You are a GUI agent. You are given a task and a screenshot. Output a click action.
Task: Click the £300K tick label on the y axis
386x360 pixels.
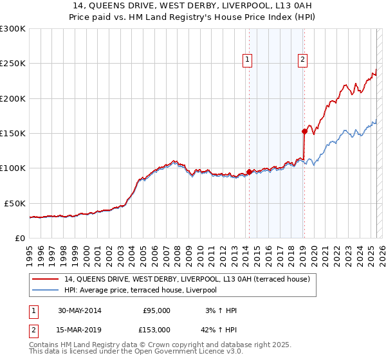pos(13,29)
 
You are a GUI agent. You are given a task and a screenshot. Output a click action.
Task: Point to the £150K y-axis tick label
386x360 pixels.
pos(13,133)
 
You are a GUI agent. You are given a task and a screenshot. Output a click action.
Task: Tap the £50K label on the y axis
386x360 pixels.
pos(15,203)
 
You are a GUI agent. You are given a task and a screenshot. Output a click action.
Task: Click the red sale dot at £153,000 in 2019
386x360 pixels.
pos(304,131)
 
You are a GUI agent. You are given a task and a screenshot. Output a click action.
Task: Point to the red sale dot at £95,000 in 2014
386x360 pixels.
pos(249,172)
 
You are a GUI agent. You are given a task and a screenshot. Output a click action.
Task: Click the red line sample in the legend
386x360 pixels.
pos(45,279)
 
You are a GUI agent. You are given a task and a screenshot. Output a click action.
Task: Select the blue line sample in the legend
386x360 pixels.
pos(45,291)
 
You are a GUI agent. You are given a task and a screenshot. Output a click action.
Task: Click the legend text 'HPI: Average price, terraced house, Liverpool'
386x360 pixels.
pos(140,291)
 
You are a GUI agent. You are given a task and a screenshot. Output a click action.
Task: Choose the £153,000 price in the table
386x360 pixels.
pos(156,329)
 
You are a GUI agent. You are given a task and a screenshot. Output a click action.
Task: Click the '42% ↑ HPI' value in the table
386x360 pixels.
pos(218,329)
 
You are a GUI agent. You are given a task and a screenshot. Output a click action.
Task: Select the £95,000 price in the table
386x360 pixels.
pos(156,310)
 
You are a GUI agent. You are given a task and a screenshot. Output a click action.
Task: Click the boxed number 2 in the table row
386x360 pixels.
pos(32,329)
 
